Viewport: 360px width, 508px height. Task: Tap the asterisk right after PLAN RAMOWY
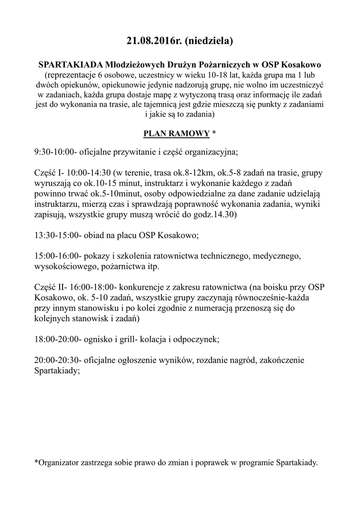pyautogui.click(x=214, y=133)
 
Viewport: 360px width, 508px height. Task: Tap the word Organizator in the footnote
pyautogui.click(x=60, y=463)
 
